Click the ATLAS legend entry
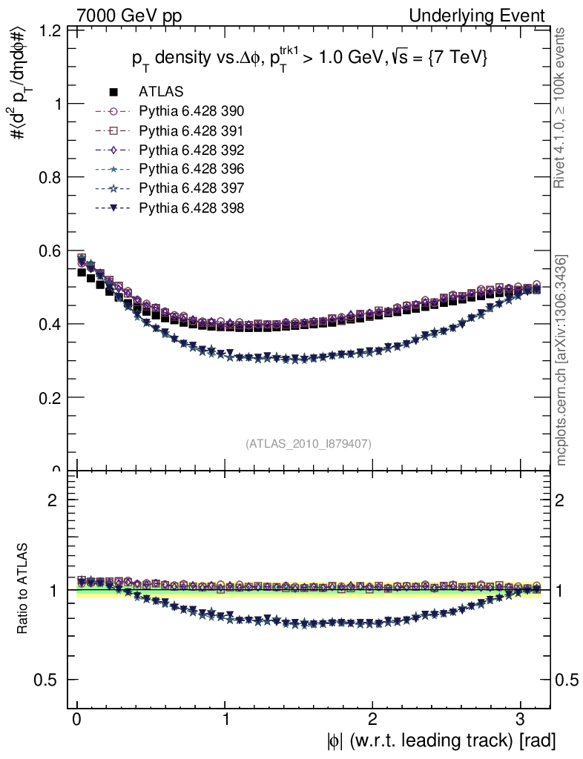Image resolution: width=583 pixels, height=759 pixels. click(x=161, y=93)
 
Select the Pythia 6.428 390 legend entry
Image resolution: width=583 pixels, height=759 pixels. click(x=191, y=112)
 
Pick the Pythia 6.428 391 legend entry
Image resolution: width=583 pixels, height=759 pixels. click(x=191, y=131)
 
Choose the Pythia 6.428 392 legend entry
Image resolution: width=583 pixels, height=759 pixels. click(x=191, y=150)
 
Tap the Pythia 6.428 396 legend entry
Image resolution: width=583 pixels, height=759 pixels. click(x=191, y=170)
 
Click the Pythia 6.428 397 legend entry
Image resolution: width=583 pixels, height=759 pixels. click(x=191, y=189)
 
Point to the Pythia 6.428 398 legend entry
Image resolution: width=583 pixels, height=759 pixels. click(x=191, y=208)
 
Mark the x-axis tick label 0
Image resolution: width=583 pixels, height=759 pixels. click(x=77, y=719)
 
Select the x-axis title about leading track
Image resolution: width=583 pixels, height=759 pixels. click(x=441, y=740)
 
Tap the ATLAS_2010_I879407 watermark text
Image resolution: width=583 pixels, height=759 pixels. click(x=309, y=443)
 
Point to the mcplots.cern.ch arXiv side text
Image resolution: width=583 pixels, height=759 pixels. click(x=561, y=361)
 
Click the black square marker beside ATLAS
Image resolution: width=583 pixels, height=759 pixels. click(x=114, y=93)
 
